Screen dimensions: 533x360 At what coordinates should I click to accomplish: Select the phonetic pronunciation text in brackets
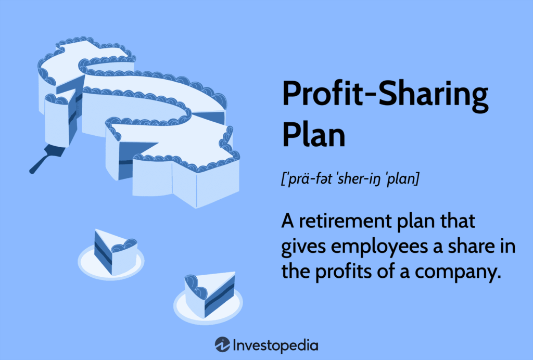350,178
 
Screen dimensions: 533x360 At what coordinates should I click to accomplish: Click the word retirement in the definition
346,222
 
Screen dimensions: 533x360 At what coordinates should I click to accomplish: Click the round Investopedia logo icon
222,345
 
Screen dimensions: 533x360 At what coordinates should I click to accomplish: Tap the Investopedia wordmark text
276,346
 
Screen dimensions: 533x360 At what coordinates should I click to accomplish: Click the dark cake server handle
39,164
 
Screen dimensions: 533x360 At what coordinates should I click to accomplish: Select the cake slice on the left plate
115,252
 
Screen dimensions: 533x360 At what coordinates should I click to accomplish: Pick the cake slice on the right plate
210,294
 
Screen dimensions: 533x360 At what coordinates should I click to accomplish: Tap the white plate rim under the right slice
208,306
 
